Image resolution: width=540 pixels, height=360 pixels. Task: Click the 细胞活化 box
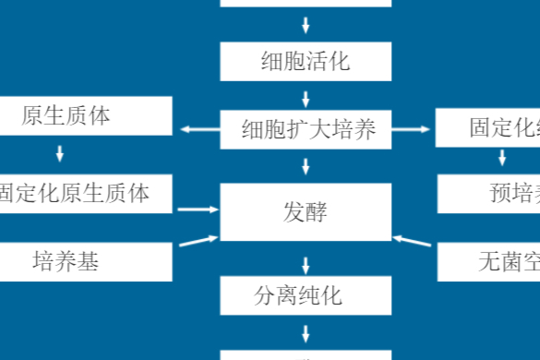[306, 62]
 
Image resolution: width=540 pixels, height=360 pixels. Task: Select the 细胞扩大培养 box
[306, 129]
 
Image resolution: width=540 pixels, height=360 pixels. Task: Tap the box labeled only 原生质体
[86, 116]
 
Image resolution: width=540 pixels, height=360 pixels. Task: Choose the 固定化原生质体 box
[86, 192]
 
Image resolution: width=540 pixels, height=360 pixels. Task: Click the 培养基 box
[86, 262]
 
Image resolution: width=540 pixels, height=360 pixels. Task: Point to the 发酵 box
[306, 212]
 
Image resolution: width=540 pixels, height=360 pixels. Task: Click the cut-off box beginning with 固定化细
[488, 128]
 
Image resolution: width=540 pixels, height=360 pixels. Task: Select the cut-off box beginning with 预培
[488, 193]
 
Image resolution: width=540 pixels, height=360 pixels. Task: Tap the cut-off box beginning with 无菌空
[488, 262]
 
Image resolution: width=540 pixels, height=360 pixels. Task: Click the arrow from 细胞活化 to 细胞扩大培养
[306, 97]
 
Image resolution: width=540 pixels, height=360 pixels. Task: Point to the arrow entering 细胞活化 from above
[306, 25]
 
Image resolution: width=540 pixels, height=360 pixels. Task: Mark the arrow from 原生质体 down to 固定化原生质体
[61, 154]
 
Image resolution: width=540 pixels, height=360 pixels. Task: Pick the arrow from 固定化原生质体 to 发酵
[196, 210]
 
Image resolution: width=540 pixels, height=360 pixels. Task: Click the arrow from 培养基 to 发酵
[196, 241]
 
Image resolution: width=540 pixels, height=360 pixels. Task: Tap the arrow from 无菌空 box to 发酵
[413, 241]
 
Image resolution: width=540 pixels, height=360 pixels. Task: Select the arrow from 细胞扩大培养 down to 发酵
[306, 166]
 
